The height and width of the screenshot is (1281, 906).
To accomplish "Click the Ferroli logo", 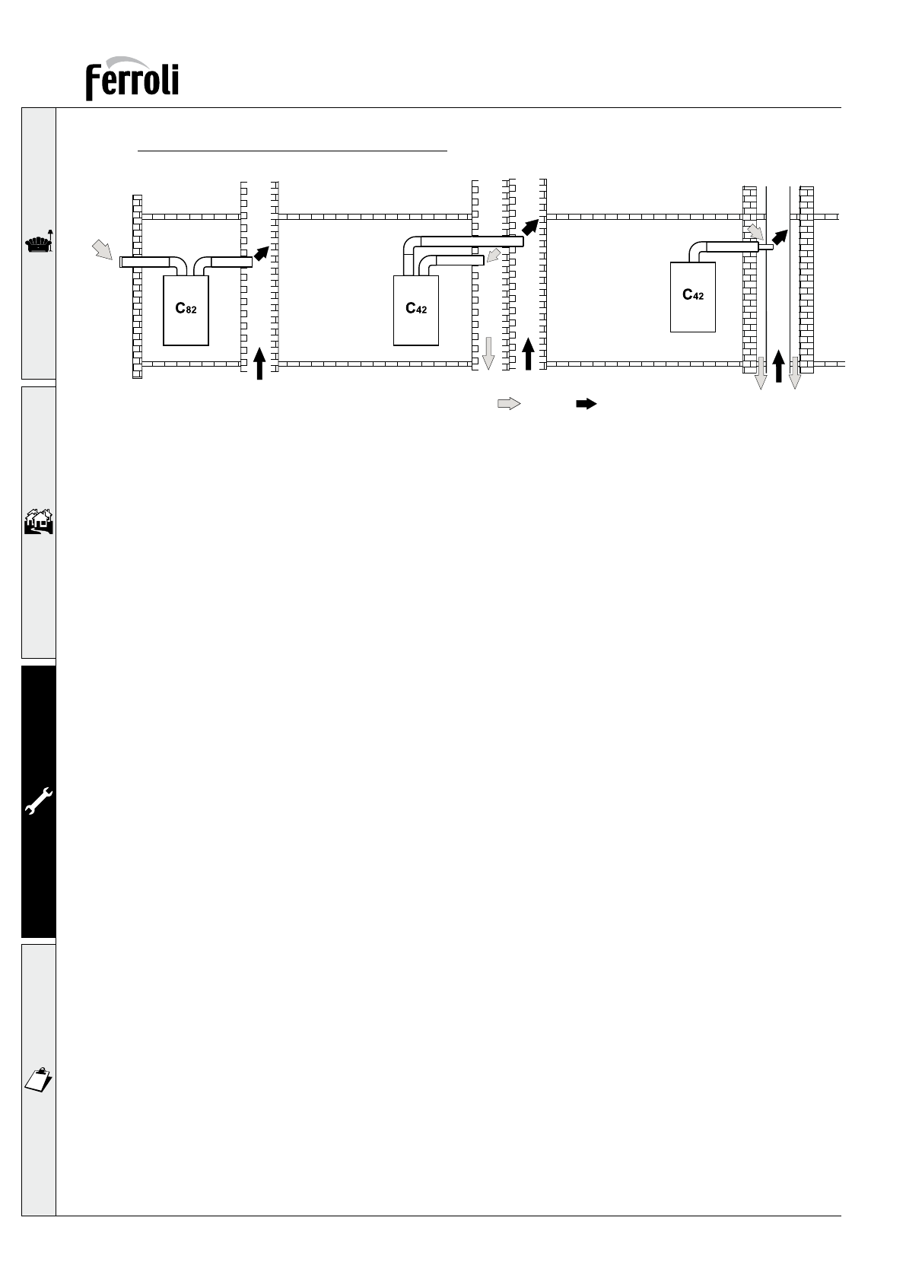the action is tap(132, 78).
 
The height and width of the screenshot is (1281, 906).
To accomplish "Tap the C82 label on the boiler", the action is tap(186, 308).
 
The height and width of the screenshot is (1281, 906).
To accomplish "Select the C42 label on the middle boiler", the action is tap(416, 308).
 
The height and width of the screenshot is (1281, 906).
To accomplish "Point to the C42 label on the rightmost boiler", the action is tap(693, 294).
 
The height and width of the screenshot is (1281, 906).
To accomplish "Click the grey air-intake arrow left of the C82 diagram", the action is tap(103, 250).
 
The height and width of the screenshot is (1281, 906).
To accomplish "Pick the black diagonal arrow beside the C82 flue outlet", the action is tap(262, 253).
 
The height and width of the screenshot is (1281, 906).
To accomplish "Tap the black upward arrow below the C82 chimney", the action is tap(259, 363).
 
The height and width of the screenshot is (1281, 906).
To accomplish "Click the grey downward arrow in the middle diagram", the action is tap(488, 354).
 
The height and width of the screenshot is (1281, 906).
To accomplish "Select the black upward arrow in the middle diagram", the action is tap(529, 354).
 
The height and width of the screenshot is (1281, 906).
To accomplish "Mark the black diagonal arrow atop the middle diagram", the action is tap(530, 227).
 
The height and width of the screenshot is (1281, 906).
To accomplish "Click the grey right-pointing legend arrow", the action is tap(509, 404).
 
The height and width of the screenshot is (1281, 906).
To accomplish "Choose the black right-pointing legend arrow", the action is tap(587, 404).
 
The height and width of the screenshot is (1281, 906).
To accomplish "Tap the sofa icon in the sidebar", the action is tap(39, 243).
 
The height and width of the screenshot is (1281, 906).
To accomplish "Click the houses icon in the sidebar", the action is tap(39, 522).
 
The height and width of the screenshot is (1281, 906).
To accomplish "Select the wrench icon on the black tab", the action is tap(39, 800).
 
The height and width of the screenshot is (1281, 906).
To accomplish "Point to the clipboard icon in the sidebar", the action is tap(38, 1079).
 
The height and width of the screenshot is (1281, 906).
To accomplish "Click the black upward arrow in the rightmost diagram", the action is tap(778, 366).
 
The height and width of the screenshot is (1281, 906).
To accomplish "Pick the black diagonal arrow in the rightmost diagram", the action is tap(780, 237).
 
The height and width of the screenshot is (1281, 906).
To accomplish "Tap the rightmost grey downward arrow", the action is tap(794, 373).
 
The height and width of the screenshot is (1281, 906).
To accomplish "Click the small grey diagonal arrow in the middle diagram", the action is tap(494, 255).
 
